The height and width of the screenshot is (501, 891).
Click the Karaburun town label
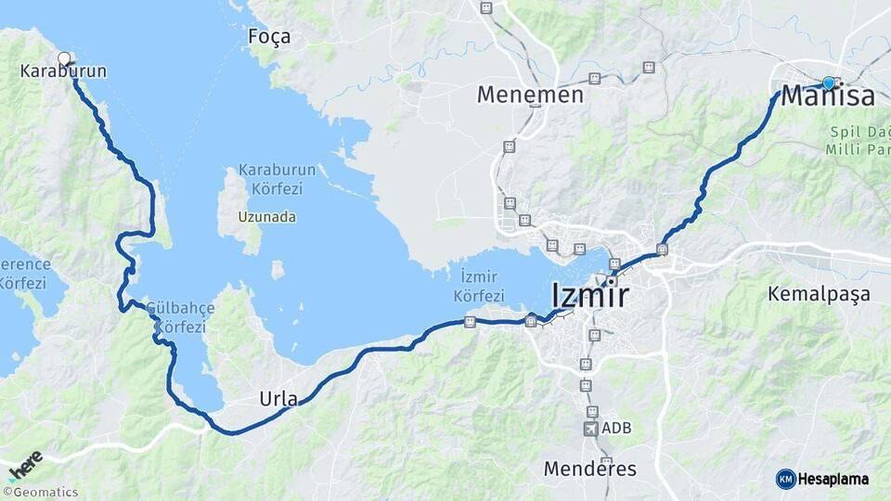tap(63, 71)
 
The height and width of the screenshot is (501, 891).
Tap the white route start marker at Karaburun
tap(64, 58)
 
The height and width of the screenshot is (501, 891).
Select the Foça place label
tap(269, 37)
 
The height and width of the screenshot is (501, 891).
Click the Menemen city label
tap(530, 95)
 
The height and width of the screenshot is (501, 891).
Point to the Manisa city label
tap(828, 96)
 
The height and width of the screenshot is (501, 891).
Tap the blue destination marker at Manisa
tap(829, 83)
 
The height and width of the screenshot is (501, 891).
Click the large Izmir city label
tap(589, 296)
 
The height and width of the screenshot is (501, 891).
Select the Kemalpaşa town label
tap(819, 294)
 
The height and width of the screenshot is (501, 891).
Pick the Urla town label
tap(278, 400)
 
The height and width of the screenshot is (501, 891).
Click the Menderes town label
tap(590, 469)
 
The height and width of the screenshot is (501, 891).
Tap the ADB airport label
tap(616, 429)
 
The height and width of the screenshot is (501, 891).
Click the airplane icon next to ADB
tap(591, 429)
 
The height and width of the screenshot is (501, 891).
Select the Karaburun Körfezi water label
tap(277, 179)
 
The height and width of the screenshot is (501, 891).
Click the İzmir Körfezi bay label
tap(479, 286)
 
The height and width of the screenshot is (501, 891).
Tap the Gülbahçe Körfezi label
tap(180, 317)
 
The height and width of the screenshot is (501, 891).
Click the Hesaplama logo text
tap(834, 479)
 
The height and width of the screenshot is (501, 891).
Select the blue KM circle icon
tap(785, 479)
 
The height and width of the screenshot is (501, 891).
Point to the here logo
tap(26, 464)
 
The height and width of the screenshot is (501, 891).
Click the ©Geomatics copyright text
tap(40, 493)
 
